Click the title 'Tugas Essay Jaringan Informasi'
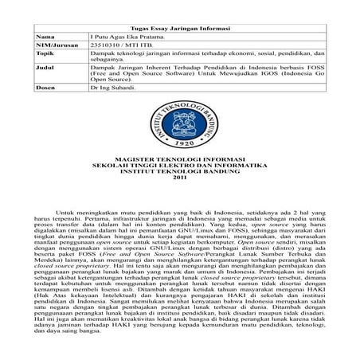179,29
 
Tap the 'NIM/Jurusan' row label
56,47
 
